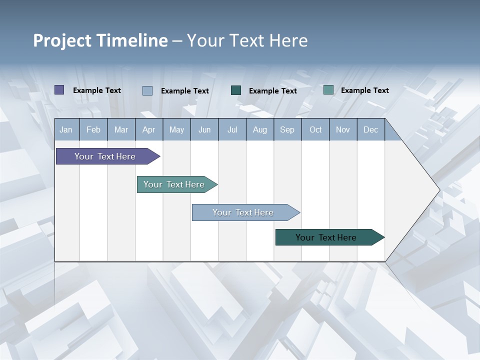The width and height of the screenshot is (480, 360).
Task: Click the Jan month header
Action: pos(66,130)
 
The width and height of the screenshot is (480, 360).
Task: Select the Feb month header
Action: pos(93,130)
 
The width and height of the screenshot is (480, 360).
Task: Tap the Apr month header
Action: pos(148,130)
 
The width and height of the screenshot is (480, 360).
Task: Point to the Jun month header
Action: pos(204,130)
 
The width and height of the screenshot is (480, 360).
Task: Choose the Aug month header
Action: pos(260,130)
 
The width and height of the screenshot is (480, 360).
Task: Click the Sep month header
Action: pos(287,130)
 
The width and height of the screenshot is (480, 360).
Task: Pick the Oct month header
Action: pos(315,130)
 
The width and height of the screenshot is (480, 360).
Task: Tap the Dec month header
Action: pos(371,130)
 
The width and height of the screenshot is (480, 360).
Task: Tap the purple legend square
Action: pos(59,90)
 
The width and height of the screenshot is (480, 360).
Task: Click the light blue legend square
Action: pos(147,90)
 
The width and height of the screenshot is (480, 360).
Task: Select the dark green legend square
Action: pos(236,90)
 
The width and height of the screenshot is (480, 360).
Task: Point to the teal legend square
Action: pos(328,90)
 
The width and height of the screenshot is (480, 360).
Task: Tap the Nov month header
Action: pos(343,130)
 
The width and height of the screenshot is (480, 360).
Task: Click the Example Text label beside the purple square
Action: pos(97,90)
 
